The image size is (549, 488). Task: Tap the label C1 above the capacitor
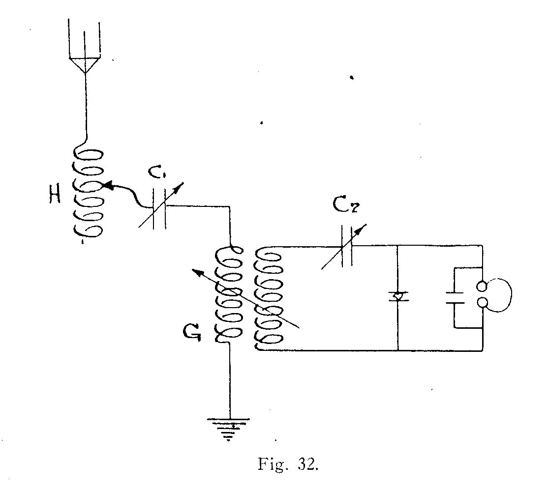pos(156,172)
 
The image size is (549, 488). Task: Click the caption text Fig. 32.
pos(288,464)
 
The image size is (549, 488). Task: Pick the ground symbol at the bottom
pos(228,429)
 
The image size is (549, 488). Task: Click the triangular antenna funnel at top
pos(85,65)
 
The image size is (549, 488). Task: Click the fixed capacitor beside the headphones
pos(455,298)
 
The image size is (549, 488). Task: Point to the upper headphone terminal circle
pos(482,287)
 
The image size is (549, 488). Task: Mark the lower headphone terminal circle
pos(482,303)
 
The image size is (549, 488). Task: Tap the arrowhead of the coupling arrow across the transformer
pos(198,273)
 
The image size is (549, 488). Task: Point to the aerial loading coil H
pos(88,193)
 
